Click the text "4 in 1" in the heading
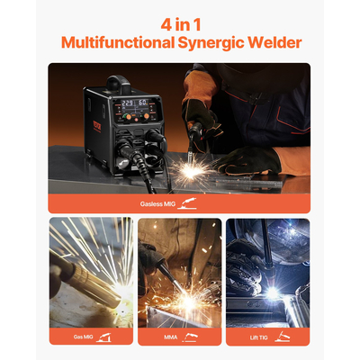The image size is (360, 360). [180, 22]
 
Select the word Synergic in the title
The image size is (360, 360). [214, 42]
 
